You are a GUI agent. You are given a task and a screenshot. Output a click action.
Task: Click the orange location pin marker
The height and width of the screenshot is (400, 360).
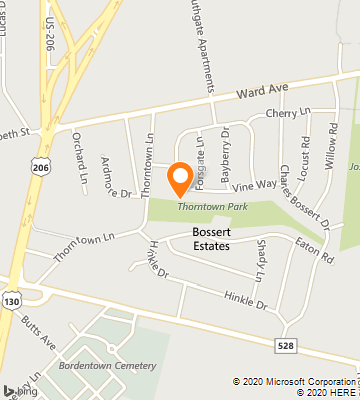coord(180,178)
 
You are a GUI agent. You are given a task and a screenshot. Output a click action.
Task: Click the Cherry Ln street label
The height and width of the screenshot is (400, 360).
coord(290,114)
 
